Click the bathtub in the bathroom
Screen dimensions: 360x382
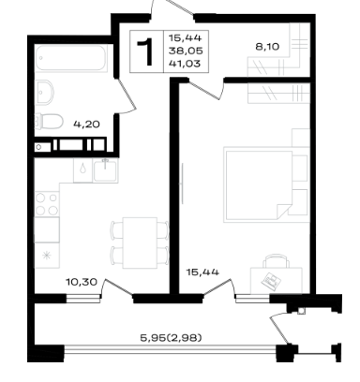[71, 58]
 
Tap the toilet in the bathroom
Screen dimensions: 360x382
[49, 121]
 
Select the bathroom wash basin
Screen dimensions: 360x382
[44, 92]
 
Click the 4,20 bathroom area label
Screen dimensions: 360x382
[86, 125]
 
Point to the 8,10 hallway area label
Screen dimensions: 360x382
[267, 47]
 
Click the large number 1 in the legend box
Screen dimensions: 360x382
[146, 51]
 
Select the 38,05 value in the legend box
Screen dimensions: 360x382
[186, 51]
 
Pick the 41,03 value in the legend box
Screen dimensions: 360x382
[185, 64]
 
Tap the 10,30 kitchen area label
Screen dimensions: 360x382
[82, 282]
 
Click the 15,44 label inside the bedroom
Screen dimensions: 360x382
[202, 272]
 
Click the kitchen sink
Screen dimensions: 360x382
[106, 170]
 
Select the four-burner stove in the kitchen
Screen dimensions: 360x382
[47, 204]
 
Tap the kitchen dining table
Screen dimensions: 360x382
[140, 242]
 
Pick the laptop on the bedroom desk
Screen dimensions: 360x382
[271, 281]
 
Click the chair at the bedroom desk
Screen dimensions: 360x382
[276, 261]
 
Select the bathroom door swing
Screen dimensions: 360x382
[127, 96]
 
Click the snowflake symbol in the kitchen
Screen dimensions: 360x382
[47, 256]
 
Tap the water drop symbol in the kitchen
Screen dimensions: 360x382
[82, 169]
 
